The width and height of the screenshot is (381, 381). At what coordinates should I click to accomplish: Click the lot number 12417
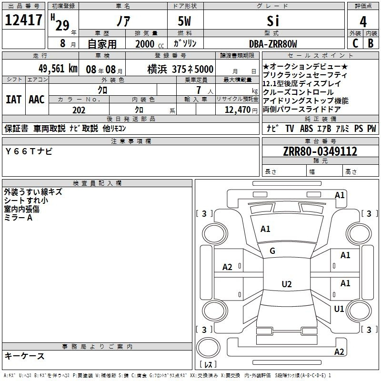(x=23, y=20)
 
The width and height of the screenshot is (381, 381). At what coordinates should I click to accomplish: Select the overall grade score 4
(x=363, y=22)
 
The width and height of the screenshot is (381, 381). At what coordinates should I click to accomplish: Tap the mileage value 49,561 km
(x=58, y=69)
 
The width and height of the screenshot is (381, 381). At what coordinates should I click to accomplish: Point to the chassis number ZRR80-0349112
(x=320, y=151)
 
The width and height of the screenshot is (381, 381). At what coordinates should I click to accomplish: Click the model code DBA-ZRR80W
(x=273, y=44)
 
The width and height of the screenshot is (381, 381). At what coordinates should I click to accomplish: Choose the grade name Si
(x=273, y=21)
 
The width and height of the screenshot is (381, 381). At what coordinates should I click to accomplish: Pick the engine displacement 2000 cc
(x=150, y=44)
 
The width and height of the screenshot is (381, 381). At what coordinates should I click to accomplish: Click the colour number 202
(x=79, y=110)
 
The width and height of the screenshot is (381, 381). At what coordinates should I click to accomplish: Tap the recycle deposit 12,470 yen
(x=241, y=110)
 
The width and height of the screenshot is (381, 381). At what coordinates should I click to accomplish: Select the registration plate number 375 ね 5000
(x=192, y=69)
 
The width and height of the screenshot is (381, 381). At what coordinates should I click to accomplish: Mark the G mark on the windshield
(x=272, y=251)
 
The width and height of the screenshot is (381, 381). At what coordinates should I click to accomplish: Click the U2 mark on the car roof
(x=287, y=284)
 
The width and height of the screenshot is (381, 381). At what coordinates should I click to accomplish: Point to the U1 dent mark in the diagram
(x=339, y=309)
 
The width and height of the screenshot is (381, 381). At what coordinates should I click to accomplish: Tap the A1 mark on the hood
(x=265, y=229)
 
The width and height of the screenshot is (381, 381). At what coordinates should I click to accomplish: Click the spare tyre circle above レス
(x=208, y=348)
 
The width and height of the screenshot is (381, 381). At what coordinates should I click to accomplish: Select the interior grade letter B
(x=371, y=43)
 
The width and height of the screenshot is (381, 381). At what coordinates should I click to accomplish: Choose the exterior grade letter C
(x=355, y=43)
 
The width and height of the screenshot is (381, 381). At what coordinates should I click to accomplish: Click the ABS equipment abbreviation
(x=306, y=128)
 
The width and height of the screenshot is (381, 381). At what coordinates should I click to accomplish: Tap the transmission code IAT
(x=13, y=100)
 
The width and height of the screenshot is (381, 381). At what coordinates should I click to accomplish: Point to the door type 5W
(x=184, y=21)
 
